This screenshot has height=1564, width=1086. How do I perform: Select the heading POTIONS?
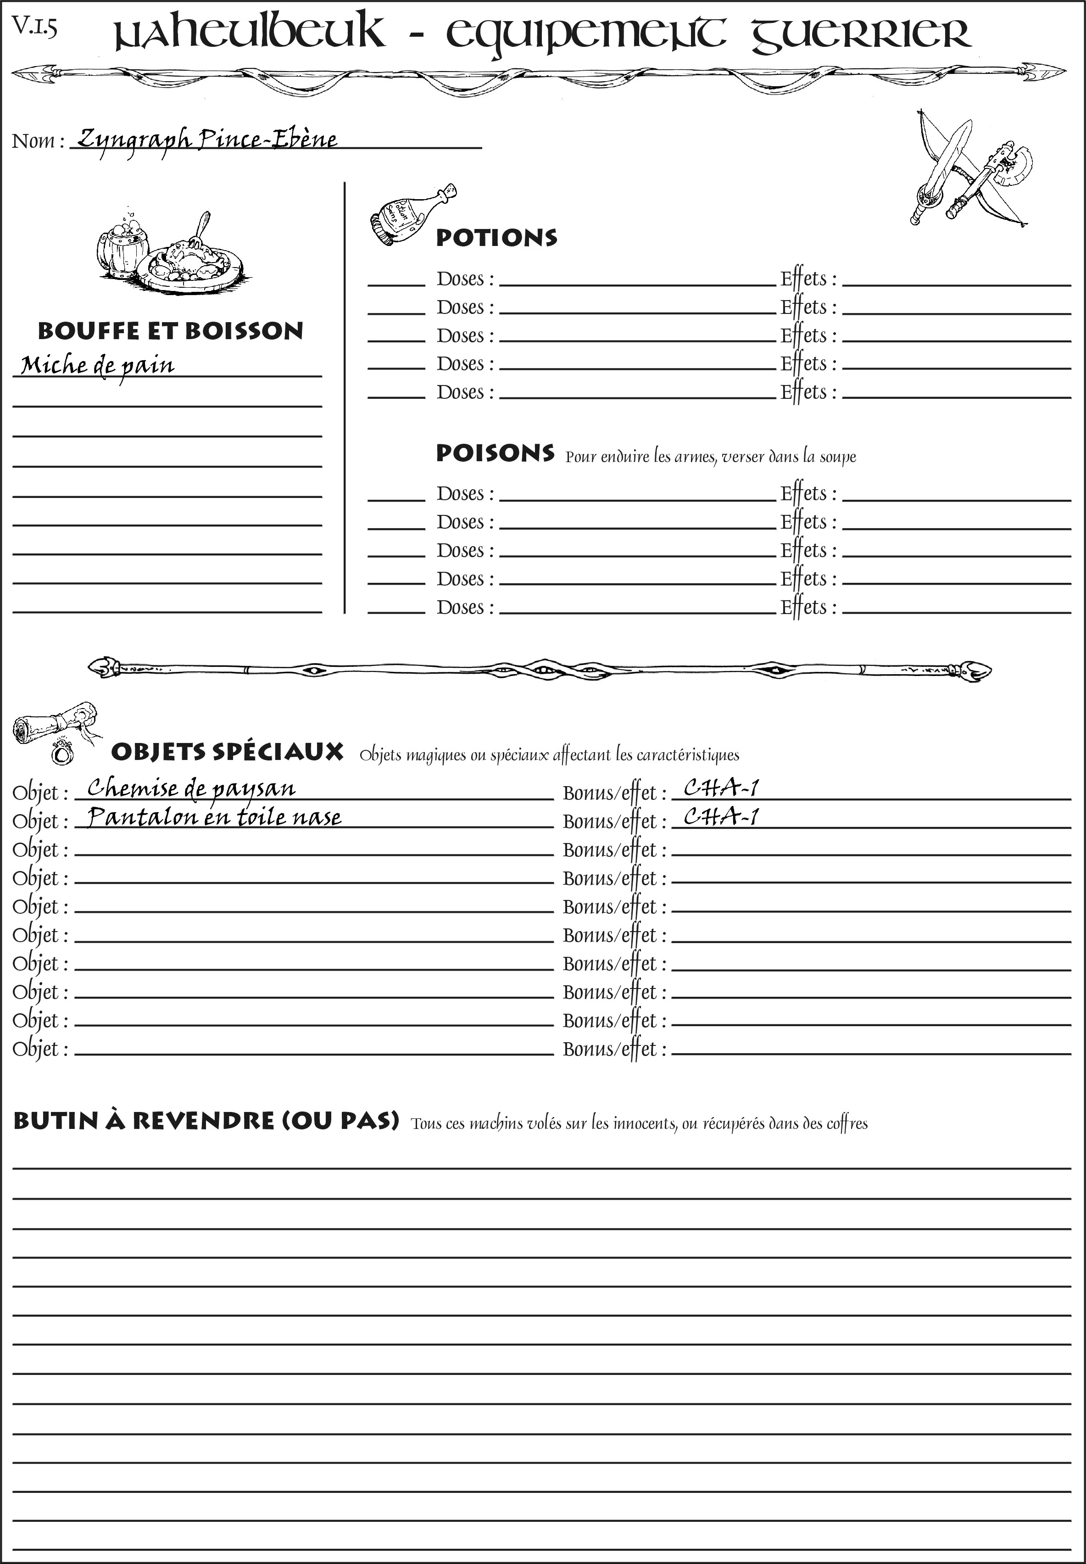click(496, 238)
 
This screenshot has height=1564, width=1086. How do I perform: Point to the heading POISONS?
click(495, 453)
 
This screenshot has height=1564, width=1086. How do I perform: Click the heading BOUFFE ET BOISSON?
click(170, 331)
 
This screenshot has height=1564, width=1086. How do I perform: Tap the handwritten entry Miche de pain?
click(97, 366)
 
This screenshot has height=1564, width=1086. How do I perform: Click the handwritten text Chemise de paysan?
click(191, 788)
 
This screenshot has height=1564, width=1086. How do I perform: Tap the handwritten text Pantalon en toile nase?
click(214, 817)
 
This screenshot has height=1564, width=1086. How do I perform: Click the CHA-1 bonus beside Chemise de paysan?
click(721, 788)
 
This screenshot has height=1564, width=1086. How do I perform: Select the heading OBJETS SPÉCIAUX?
click(227, 752)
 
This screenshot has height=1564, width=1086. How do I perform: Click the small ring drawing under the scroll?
click(62, 753)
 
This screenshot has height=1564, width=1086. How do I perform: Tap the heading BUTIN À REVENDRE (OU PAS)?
click(206, 1121)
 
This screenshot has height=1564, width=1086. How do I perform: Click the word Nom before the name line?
click(33, 141)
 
